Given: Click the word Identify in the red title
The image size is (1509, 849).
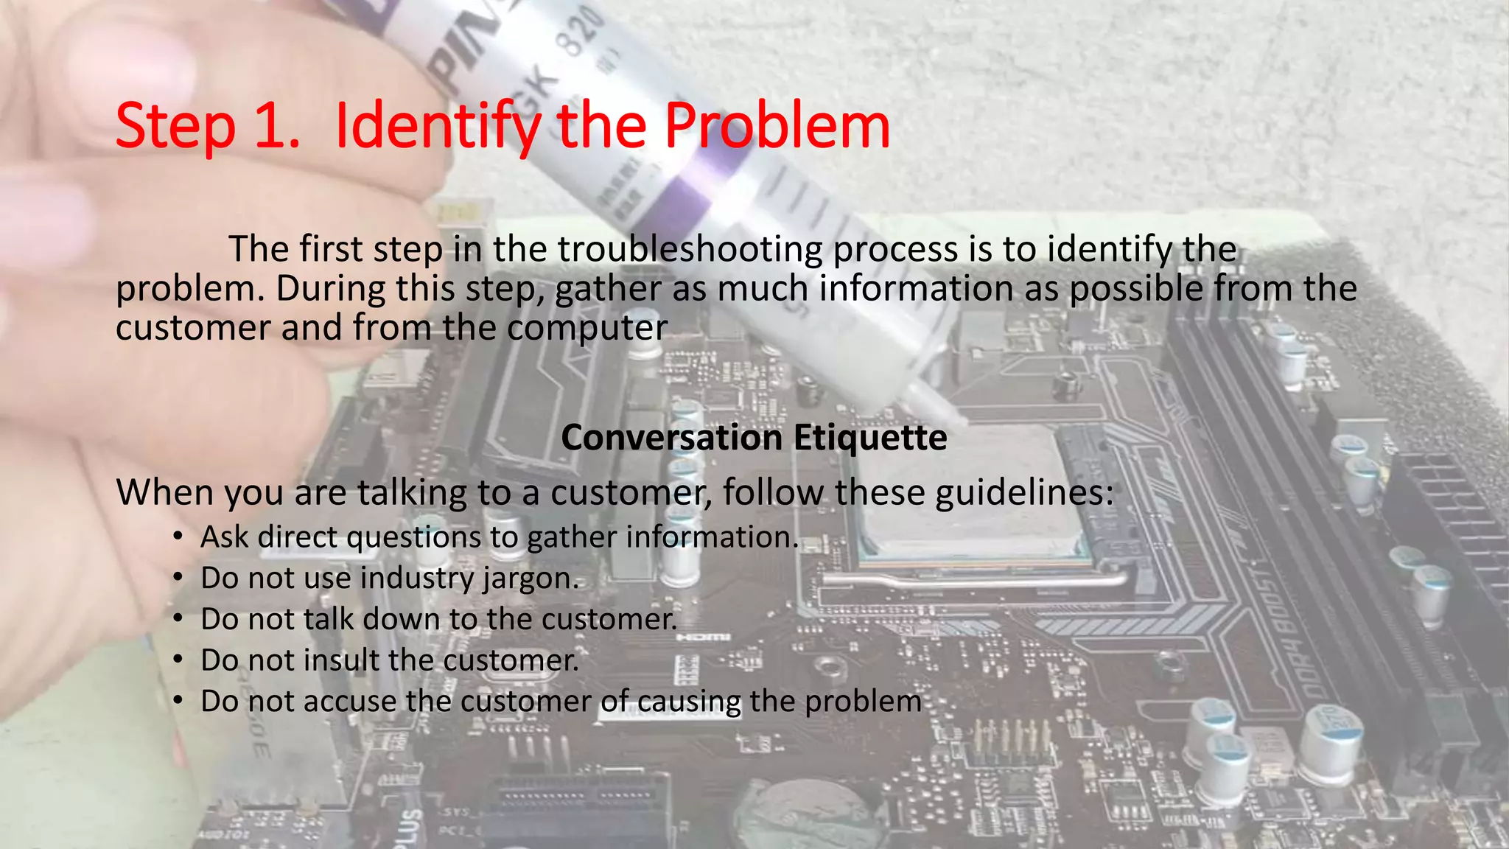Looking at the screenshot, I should tap(438, 127).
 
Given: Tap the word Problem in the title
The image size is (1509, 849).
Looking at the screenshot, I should tap(777, 127).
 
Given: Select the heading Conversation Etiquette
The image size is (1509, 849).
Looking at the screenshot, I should tap(754, 438).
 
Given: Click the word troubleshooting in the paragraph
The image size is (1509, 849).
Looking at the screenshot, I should tap(689, 249).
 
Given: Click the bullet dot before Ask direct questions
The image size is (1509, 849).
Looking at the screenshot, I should tap(178, 537).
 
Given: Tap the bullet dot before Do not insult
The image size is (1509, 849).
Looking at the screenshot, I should tap(178, 660).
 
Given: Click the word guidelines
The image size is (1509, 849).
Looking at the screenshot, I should tap(1024, 492).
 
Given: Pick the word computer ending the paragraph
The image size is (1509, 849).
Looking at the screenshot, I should tap(587, 328).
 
